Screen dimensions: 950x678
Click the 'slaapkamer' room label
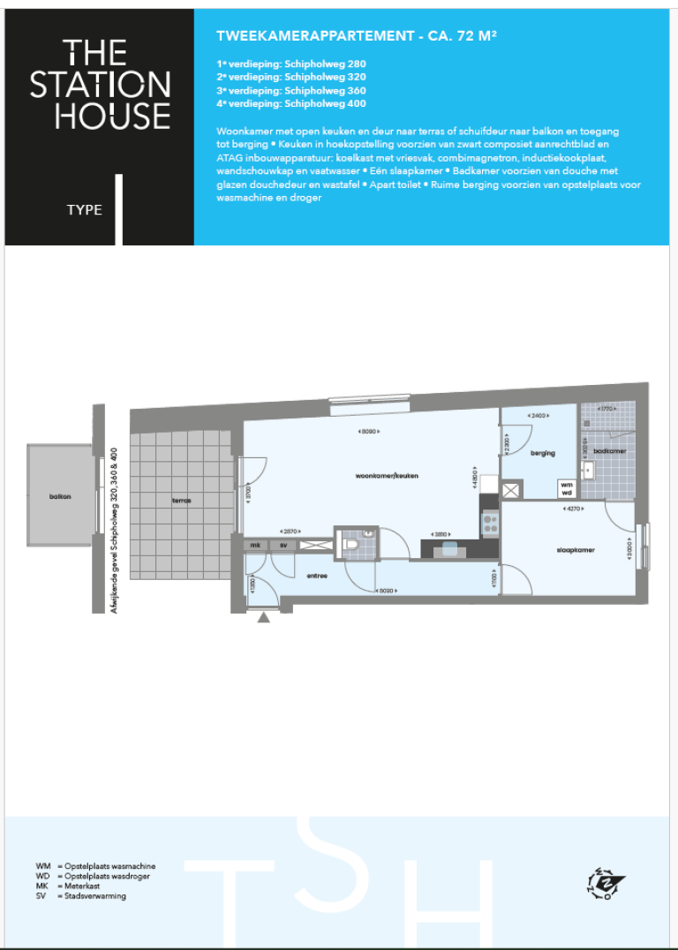tap(576, 549)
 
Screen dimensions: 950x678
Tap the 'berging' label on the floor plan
tap(543, 453)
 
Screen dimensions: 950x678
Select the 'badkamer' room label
tap(608, 450)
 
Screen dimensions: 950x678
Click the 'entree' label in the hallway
tap(316, 576)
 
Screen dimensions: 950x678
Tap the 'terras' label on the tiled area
tap(181, 501)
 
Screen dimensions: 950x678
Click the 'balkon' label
tap(60, 496)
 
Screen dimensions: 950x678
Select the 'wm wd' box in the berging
tap(566, 488)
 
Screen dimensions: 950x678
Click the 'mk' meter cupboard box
tap(255, 546)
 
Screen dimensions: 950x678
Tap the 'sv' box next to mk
tap(283, 546)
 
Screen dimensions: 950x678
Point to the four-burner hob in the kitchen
tap(489, 523)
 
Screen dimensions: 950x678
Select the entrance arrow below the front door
tap(263, 618)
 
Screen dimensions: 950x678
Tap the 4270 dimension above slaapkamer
tap(570, 509)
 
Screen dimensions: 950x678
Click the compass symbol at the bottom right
tap(605, 883)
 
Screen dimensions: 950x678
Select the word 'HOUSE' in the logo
tap(112, 116)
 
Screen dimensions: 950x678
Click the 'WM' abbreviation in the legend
tap(42, 867)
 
